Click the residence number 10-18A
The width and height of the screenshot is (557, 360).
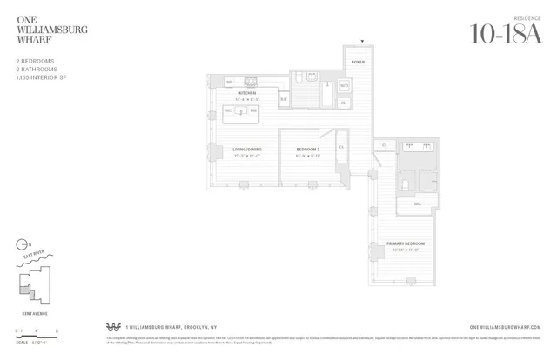pos(504,33)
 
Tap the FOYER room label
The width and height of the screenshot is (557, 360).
pos(358,63)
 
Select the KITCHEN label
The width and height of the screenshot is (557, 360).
pos(247,92)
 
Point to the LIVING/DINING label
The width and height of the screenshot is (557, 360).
pos(247,150)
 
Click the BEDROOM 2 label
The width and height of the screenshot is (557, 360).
pos(307,150)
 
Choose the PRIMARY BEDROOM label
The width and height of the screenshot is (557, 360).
pos(406,243)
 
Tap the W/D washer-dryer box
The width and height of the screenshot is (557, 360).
pos(344,86)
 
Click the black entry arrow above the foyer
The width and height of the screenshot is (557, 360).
pos(362,42)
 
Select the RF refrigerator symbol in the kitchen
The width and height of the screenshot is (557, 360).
pos(230,82)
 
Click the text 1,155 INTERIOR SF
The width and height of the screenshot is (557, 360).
pos(41,78)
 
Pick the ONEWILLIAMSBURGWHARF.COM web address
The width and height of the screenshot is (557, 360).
pos(504,327)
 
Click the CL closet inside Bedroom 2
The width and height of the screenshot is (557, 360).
pos(341,147)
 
